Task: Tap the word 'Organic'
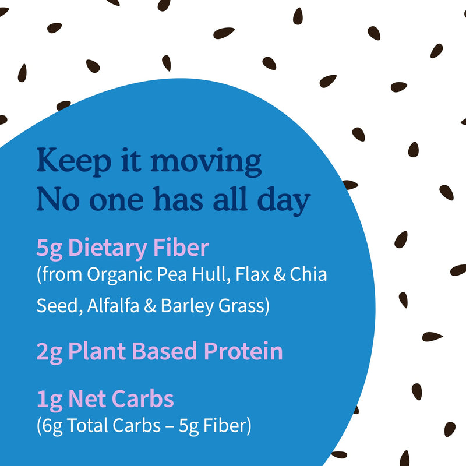[x=121, y=275]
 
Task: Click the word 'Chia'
[x=308, y=274]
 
